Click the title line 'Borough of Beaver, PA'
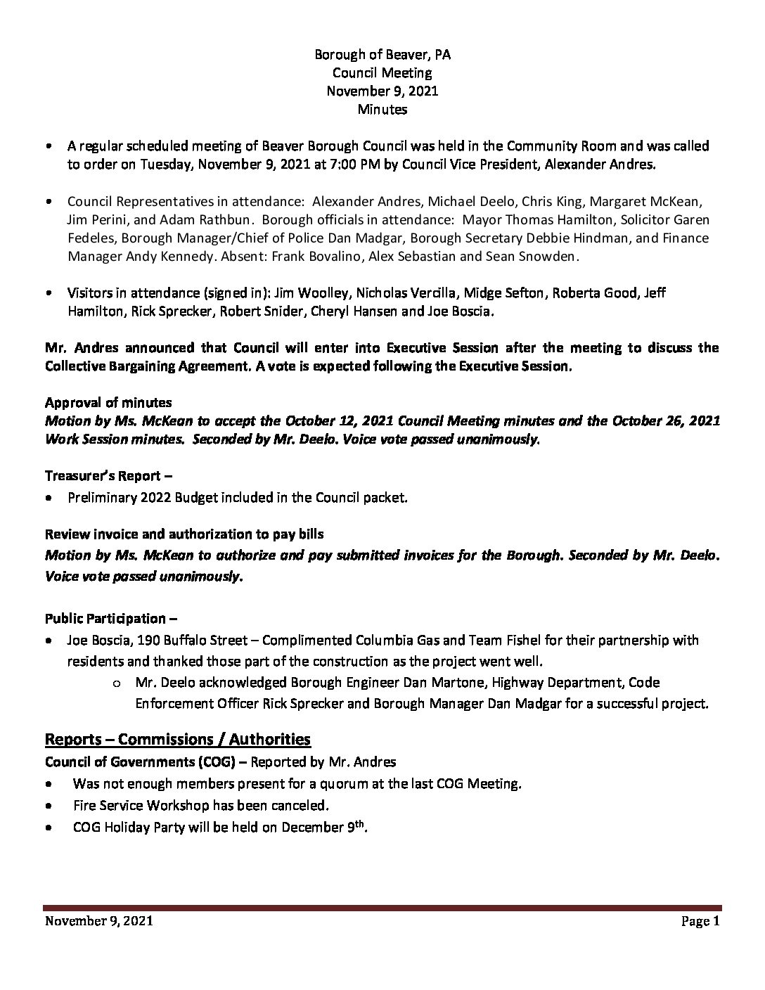point(382,54)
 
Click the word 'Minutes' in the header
point(382,109)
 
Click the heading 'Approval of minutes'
point(108,402)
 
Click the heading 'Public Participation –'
point(111,619)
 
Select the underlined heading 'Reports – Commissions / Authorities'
point(178,739)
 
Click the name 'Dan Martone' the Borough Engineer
point(453,682)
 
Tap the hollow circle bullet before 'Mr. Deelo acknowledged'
point(116,683)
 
